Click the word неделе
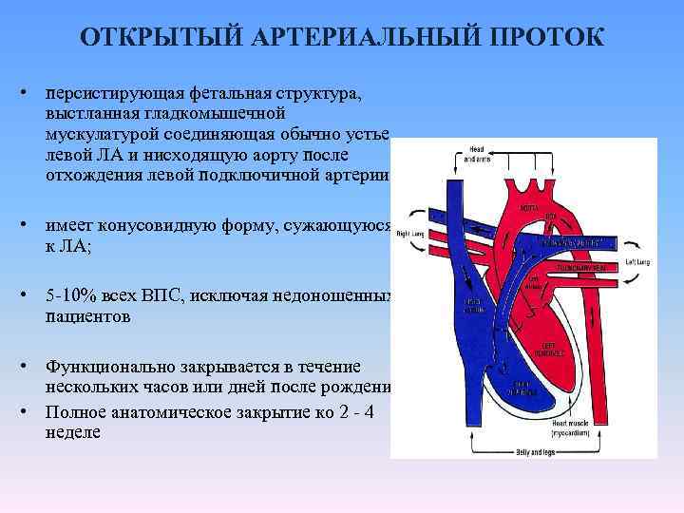(x=73, y=432)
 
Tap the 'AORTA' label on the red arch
(x=530, y=206)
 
